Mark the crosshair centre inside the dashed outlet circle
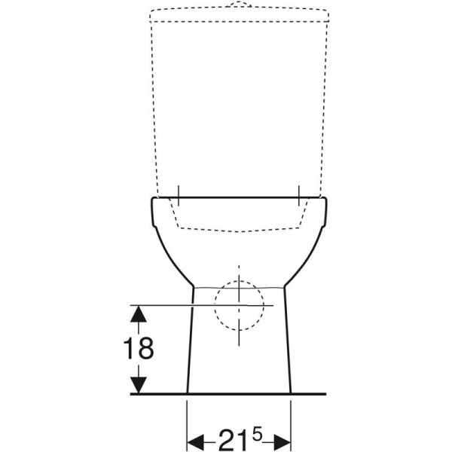(240, 305)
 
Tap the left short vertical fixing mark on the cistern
(179, 195)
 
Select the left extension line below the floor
(187, 422)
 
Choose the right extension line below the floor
(292, 422)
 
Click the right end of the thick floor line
(325, 394)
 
